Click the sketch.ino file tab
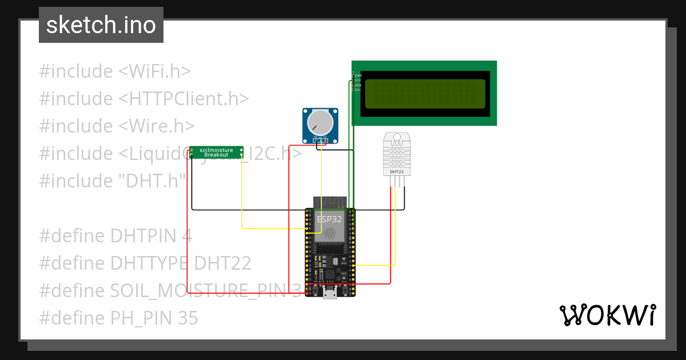point(101,25)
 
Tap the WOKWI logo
point(607,315)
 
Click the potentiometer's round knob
point(320,122)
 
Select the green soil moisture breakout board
point(216,152)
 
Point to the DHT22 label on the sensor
point(397,171)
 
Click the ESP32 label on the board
point(329,218)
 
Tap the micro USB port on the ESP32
point(330,294)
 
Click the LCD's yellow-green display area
point(425,94)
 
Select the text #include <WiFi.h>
point(114,71)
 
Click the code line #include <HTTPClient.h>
point(144,99)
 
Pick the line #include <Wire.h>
point(117,126)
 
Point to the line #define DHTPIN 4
point(115,236)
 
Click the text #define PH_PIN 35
point(118,318)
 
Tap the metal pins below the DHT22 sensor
point(397,181)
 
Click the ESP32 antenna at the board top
point(330,202)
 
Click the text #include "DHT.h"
point(113,181)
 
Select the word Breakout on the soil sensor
point(216,155)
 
